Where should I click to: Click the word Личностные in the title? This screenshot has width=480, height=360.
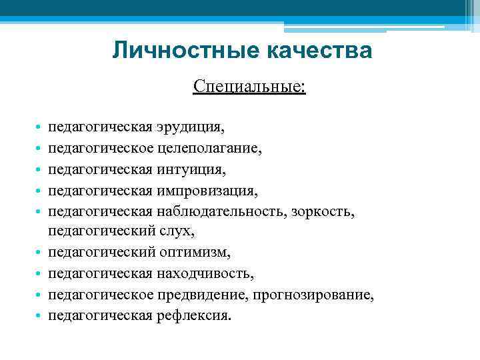[175, 50]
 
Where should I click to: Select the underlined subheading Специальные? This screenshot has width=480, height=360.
[250, 87]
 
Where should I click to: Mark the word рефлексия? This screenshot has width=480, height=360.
[194, 316]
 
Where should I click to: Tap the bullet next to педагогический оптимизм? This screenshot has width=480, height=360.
[40, 253]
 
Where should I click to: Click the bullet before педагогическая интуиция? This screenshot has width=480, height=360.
[40, 169]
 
